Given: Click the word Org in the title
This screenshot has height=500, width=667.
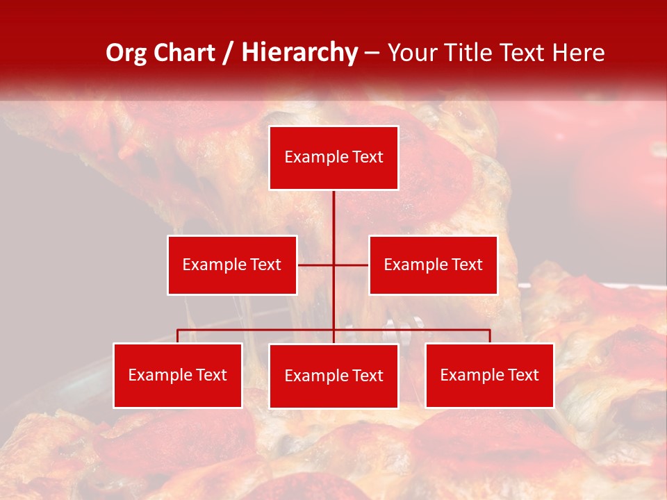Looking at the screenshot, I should point(126,53).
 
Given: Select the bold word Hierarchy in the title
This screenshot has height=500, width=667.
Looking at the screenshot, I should point(299,53).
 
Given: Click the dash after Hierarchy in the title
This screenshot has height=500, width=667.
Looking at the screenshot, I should point(372,53).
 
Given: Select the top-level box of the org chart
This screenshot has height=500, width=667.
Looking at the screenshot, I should point(333,158).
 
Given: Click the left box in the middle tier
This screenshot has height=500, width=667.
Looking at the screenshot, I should point(232,265).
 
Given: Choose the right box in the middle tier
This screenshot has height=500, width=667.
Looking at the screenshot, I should point(433,265).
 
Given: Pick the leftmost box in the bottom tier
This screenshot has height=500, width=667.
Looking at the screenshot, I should point(177,375).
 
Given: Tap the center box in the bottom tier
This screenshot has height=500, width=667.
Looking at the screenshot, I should point(333,376).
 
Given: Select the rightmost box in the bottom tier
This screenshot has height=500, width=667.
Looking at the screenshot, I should point(489,375).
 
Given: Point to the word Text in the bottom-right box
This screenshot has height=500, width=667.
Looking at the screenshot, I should point(522,375).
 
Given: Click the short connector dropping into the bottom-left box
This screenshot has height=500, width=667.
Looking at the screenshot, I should point(177,336).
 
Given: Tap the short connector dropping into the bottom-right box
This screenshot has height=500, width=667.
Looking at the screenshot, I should point(489,336).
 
